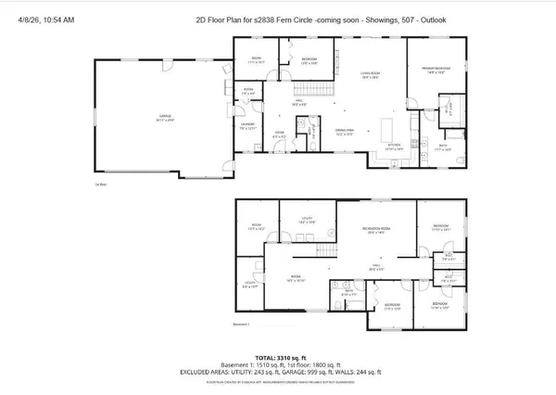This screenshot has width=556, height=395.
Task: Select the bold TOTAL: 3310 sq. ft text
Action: [x=279, y=356]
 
